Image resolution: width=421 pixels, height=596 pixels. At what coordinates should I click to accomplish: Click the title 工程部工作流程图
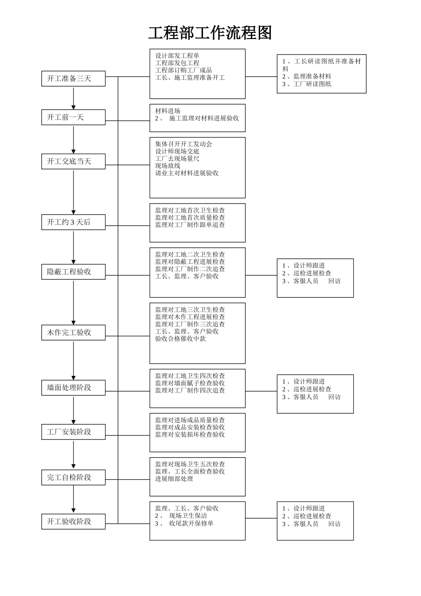[x=210, y=33]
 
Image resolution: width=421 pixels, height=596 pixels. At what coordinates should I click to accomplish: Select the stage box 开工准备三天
[x=74, y=78]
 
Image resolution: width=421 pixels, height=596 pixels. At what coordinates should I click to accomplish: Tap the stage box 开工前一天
[x=74, y=117]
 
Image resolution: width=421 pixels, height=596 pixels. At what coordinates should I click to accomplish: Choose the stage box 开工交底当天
[x=74, y=161]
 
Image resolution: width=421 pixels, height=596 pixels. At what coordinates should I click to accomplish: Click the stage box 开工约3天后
[x=74, y=222]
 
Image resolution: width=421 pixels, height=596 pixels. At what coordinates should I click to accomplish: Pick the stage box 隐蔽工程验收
[x=74, y=272]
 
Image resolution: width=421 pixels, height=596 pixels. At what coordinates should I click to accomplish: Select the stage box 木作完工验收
[x=74, y=333]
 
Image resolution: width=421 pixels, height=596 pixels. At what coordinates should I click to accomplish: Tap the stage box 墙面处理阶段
[x=74, y=388]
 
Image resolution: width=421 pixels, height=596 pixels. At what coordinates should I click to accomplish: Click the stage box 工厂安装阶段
[x=74, y=432]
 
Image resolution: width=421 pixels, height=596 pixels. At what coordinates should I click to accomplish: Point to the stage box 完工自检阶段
[x=74, y=478]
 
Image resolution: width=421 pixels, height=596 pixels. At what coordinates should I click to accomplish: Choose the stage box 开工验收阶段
[x=74, y=521]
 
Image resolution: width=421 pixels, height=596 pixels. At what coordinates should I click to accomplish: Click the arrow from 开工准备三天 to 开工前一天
[x=74, y=98]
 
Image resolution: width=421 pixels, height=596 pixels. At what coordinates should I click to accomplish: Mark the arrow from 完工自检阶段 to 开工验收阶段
[x=74, y=500]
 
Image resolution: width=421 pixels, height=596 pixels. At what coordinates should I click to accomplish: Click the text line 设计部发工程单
[x=177, y=55]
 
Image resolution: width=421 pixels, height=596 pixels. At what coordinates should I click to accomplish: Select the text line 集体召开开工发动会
[x=183, y=144]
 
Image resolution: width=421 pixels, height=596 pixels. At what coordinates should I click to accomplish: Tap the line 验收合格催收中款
[x=180, y=339]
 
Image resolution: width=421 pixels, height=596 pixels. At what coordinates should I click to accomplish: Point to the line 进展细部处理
[x=174, y=479]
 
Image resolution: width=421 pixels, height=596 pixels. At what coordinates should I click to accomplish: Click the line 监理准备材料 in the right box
[x=309, y=76]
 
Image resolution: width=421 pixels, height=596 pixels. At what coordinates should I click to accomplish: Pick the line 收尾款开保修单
[x=191, y=523]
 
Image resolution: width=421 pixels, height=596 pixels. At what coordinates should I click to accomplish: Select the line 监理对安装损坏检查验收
[x=190, y=435]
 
